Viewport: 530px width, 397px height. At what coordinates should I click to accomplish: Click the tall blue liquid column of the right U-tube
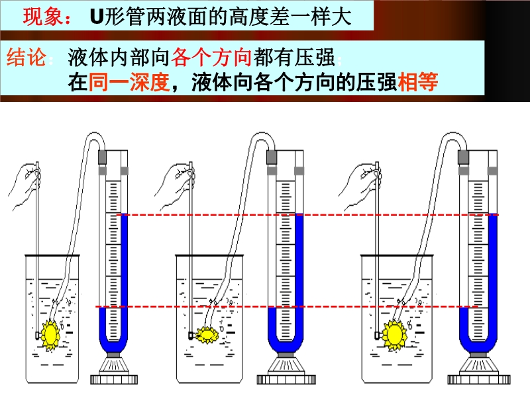491,278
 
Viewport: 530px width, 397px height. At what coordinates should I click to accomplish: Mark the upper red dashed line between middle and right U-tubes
384,215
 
